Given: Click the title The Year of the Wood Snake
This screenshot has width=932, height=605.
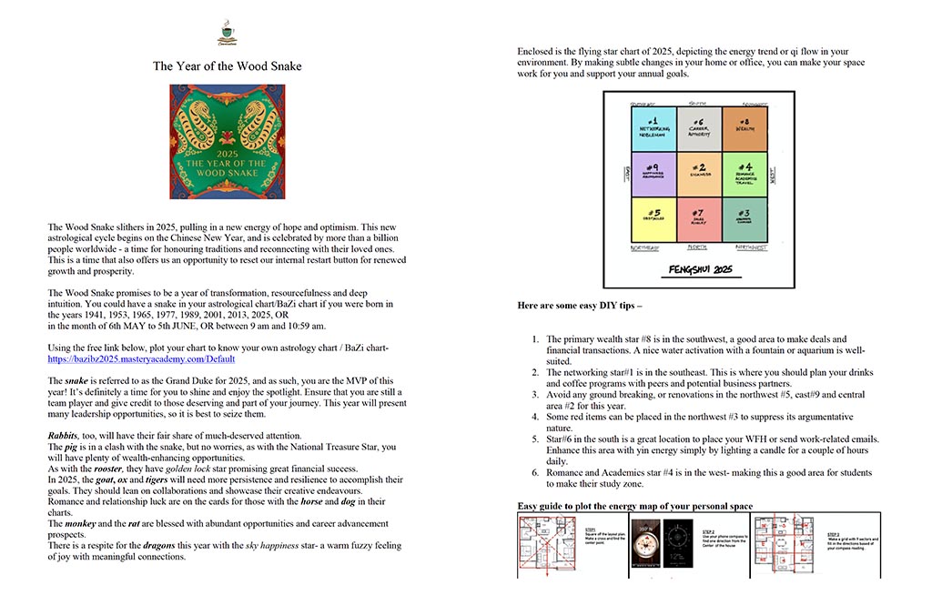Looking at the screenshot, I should click(227, 66).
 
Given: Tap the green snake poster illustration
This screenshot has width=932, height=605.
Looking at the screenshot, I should click(227, 141).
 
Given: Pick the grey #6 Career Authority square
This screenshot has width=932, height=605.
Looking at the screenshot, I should click(698, 126).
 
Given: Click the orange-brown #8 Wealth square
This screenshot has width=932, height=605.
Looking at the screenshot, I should click(745, 126).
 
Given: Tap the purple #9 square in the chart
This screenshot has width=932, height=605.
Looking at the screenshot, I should click(652, 174).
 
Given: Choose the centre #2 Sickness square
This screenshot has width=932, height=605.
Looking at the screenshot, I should click(698, 174).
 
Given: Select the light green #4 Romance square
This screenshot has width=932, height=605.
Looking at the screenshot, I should click(745, 174).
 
